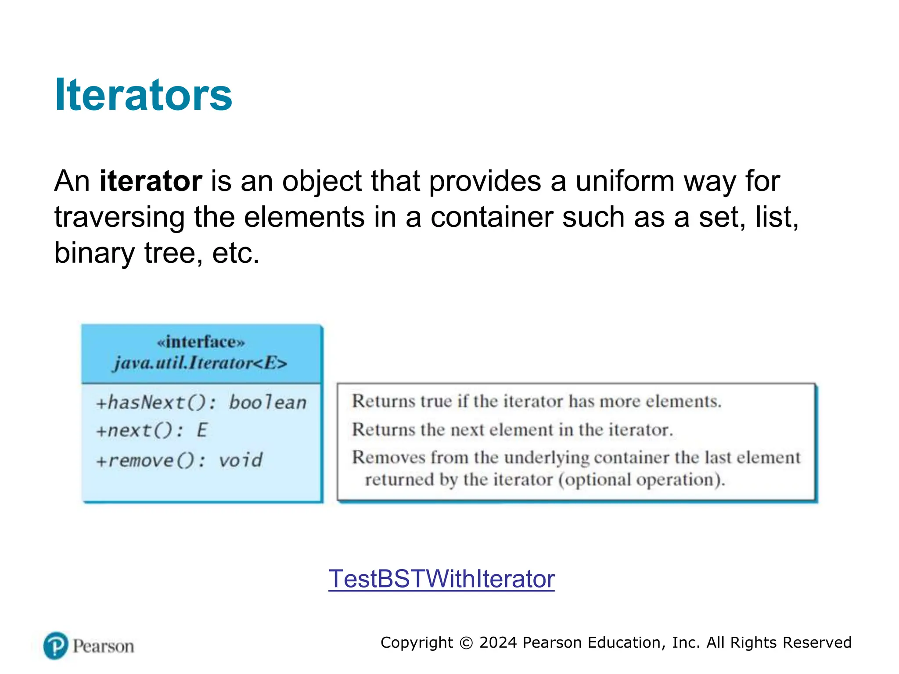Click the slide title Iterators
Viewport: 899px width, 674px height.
[x=143, y=95]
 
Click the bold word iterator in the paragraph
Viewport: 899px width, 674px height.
[x=151, y=181]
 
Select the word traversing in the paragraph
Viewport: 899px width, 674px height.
[x=119, y=217]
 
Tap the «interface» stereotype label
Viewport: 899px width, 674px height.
[x=201, y=342]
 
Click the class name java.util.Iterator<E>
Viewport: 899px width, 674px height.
[x=200, y=363]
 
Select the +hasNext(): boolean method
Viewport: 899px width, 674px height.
[x=201, y=402]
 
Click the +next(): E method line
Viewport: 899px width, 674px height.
[x=151, y=430]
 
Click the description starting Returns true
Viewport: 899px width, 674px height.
[x=536, y=401]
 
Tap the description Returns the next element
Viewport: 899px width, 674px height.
[x=512, y=430]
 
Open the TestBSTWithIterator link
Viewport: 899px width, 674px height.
[x=441, y=579]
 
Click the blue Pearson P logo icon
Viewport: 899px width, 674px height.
[x=56, y=645]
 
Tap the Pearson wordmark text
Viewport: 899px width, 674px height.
[x=103, y=646]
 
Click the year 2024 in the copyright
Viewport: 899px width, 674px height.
[x=498, y=642]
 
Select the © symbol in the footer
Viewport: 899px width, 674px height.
[x=466, y=643]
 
